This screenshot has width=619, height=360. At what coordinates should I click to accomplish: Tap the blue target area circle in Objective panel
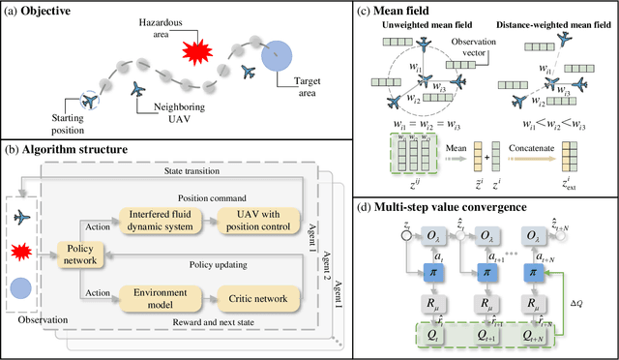[276, 54]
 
